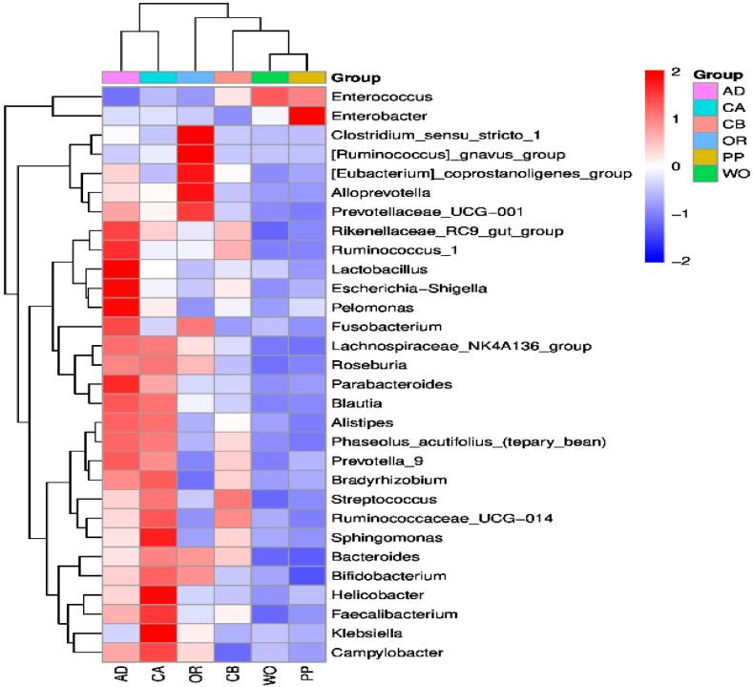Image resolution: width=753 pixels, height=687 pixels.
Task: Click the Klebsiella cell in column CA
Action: tap(157, 633)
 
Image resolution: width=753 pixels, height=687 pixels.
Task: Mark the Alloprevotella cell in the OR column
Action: tap(195, 192)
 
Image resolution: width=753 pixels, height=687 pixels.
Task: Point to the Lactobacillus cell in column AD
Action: tap(120, 269)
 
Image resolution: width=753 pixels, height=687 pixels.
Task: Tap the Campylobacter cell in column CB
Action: tap(232, 652)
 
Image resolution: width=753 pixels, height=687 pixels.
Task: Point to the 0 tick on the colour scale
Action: tap(676, 166)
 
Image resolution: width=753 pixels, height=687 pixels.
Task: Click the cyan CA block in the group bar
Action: tap(157, 77)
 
